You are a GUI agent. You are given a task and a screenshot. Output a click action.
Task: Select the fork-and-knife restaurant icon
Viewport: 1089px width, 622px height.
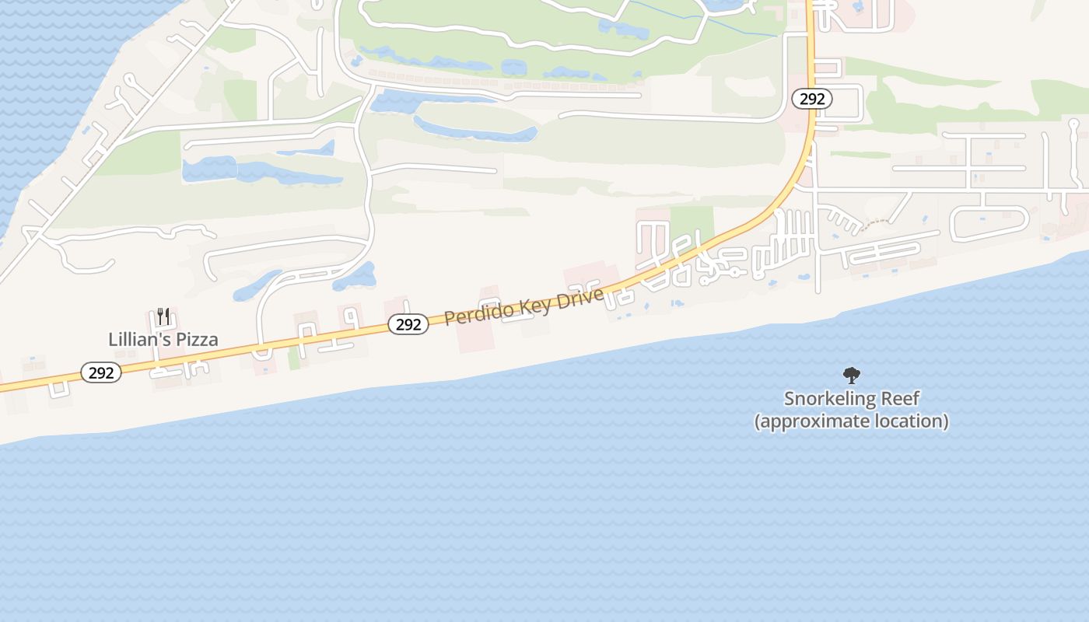[x=163, y=316]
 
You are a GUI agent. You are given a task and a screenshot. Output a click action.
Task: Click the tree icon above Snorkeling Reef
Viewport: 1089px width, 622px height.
[x=852, y=376]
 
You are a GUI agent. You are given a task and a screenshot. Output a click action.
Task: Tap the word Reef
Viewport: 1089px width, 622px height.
[x=899, y=399]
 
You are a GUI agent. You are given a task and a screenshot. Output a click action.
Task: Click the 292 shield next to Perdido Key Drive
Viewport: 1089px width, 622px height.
[x=408, y=325]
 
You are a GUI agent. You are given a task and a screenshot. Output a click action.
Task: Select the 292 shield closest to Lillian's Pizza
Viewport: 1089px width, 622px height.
[x=101, y=373]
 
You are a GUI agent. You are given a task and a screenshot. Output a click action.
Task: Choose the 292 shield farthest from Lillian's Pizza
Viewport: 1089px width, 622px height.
[x=812, y=99]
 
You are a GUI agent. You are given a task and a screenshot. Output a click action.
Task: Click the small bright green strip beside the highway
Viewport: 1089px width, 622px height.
[x=294, y=358]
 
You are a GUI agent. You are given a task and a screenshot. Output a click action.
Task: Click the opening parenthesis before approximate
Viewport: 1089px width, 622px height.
[x=758, y=422]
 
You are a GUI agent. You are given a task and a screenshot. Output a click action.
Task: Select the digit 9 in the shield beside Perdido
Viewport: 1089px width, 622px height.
[x=408, y=325]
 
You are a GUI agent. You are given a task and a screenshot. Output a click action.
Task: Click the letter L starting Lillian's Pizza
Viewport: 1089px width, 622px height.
[x=113, y=340]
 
